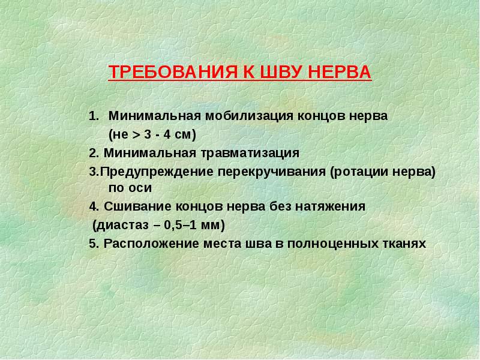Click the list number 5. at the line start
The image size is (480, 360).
click(94, 244)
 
